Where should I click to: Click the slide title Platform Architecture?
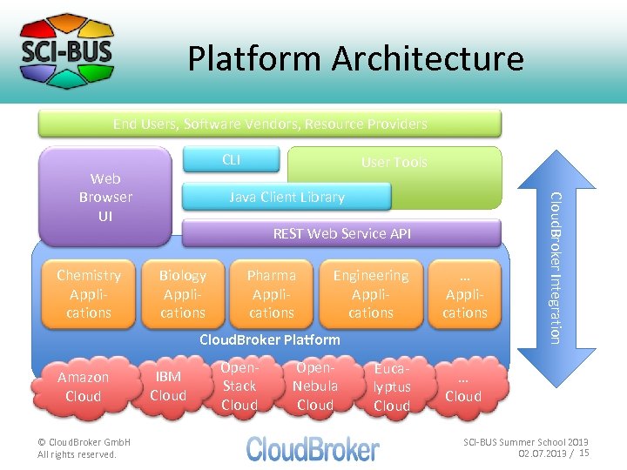355,59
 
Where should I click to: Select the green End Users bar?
270,124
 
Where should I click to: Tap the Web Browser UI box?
105,197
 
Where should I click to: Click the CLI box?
231,159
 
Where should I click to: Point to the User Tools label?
394,163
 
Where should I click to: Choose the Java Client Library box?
287,197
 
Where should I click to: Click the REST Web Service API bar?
341,233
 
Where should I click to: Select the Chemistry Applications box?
89,293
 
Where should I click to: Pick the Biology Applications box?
183,293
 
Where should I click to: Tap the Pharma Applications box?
272,293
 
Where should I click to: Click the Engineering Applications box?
371,293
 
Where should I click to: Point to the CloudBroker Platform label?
270,339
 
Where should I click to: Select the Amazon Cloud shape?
84,386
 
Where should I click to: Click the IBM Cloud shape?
168,386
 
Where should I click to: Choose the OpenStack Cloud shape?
239,386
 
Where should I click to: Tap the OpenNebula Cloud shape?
315,386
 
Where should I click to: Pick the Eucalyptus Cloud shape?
392,387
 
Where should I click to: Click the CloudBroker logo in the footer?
313,448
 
